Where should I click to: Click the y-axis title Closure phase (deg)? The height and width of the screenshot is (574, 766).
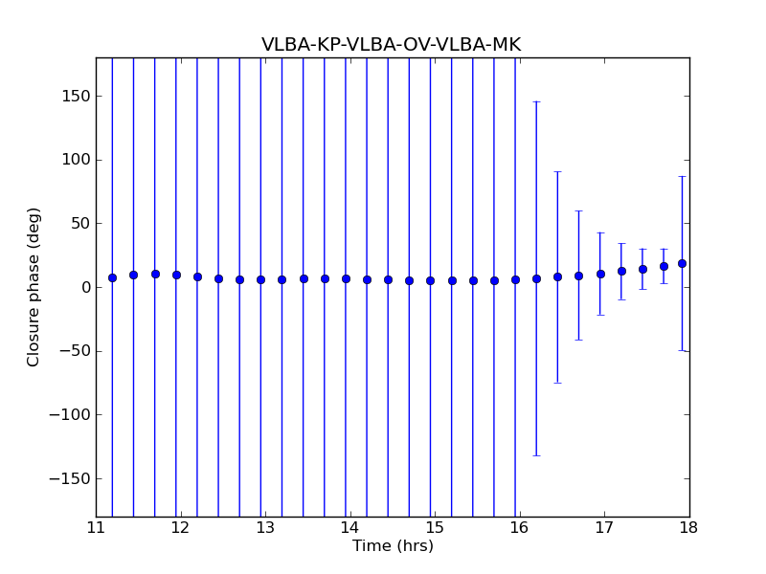[34, 287]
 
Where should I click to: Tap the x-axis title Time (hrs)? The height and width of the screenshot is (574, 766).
[393, 546]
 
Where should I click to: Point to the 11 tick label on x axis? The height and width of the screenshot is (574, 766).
[96, 528]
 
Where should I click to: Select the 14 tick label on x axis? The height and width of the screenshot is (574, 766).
[349, 528]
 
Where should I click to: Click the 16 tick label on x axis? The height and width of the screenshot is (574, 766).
[519, 528]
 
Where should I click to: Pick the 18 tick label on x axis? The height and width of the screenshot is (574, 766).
[688, 528]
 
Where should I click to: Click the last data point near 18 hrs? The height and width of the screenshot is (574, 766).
[682, 263]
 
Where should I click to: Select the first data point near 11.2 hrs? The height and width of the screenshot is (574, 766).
[112, 277]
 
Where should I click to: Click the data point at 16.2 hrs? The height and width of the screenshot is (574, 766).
[536, 278]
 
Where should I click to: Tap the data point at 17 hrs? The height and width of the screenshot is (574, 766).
[600, 274]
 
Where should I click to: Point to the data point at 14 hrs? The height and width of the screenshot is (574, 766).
[346, 278]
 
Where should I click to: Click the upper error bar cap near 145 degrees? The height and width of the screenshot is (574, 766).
[536, 101]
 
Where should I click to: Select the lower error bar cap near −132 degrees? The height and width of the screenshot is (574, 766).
[536, 455]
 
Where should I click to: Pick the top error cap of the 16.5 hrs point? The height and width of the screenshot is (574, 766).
[557, 171]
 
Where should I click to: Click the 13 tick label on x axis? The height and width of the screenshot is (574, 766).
[265, 528]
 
